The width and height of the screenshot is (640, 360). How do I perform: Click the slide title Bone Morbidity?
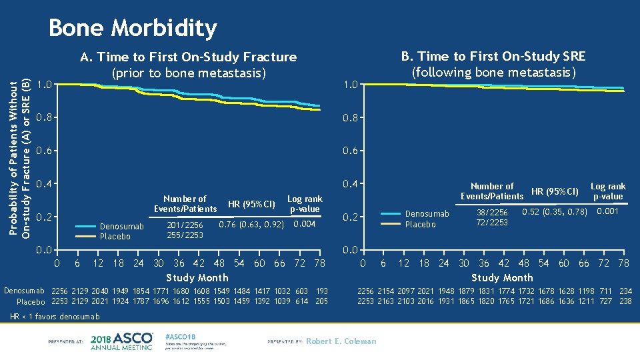(133, 28)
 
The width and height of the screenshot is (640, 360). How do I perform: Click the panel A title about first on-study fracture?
(188, 65)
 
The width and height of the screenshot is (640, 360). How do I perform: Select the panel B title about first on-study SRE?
(493, 64)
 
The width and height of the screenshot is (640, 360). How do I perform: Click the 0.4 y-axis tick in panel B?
(351, 184)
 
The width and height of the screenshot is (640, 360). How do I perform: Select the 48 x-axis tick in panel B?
(524, 263)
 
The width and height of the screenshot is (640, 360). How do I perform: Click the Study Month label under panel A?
(197, 277)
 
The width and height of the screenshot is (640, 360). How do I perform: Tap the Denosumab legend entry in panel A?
(121, 227)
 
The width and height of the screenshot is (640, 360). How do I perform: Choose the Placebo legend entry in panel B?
(420, 225)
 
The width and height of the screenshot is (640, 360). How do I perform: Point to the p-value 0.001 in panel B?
(607, 211)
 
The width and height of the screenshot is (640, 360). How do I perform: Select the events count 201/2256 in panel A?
(185, 225)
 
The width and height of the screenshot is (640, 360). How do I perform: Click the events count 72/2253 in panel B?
(491, 223)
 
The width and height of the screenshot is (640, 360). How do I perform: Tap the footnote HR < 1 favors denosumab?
(52, 316)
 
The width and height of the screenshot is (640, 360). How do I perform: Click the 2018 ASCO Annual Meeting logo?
(121, 341)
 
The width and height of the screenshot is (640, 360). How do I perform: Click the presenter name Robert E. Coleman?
(341, 341)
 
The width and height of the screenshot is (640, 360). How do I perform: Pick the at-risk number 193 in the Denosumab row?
(321, 291)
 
